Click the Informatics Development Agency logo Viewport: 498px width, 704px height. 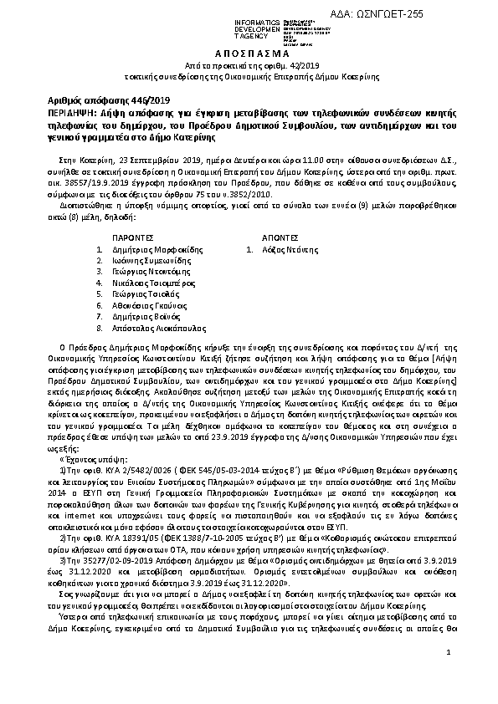pos(242,31)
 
